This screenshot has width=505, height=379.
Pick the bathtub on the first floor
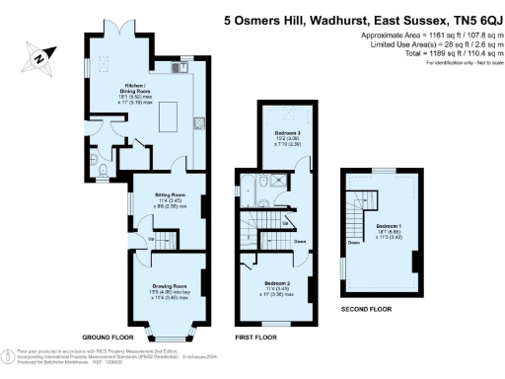tap(252, 192)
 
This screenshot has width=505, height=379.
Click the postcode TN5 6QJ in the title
tap(464, 18)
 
